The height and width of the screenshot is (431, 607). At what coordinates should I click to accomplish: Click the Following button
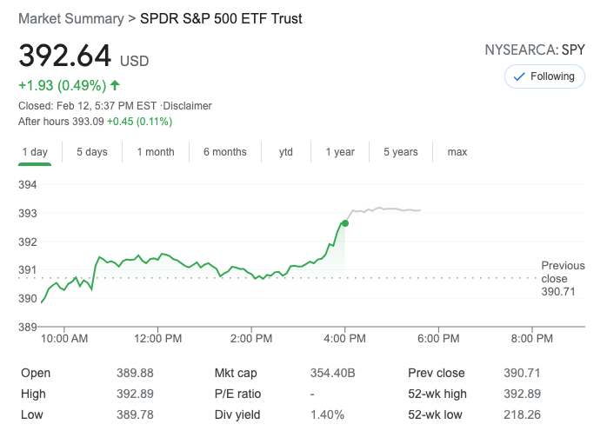click(x=544, y=76)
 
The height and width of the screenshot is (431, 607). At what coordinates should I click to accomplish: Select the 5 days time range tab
click(x=91, y=152)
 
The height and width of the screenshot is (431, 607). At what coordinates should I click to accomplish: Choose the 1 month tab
click(x=156, y=152)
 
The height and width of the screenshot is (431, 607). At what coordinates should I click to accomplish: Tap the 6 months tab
click(x=225, y=152)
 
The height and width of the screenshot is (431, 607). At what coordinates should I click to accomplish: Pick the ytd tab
click(x=285, y=152)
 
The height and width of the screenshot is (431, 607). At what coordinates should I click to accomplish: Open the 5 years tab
click(x=401, y=152)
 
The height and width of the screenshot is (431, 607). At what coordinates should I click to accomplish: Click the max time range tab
click(x=457, y=152)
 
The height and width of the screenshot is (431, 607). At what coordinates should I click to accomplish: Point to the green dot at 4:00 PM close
click(x=345, y=223)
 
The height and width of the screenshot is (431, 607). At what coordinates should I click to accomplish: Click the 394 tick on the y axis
click(x=28, y=185)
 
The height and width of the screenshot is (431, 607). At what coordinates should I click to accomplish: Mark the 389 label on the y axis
click(x=28, y=327)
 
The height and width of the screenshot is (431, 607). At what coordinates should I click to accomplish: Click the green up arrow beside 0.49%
click(x=115, y=85)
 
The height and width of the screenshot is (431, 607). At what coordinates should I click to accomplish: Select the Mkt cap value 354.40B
click(x=333, y=373)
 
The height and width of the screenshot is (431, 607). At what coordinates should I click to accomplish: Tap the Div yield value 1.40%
click(x=327, y=414)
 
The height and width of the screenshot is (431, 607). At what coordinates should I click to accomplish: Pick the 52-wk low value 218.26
click(x=522, y=414)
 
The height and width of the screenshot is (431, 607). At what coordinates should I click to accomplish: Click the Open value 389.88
click(x=135, y=373)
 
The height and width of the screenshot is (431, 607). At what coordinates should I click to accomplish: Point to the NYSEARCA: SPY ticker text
click(x=534, y=50)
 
